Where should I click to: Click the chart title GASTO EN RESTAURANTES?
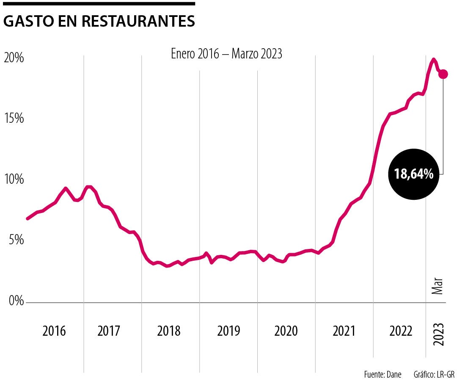click(99, 22)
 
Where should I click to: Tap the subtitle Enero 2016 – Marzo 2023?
click(226, 54)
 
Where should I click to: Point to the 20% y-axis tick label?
click(14, 58)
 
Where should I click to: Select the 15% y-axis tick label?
click(14, 118)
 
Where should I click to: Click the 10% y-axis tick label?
click(14, 179)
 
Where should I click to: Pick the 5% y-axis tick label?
click(17, 240)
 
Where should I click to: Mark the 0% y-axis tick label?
click(17, 301)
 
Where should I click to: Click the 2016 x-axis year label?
click(54, 331)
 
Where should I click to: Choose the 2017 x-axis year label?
click(109, 331)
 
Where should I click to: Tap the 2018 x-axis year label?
click(168, 331)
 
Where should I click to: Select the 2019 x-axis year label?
click(228, 331)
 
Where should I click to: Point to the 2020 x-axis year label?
click(286, 331)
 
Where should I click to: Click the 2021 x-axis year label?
click(344, 331)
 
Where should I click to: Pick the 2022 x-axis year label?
click(400, 331)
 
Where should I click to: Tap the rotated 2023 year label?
click(439, 334)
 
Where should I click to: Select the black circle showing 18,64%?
click(413, 174)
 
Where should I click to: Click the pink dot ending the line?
click(443, 74)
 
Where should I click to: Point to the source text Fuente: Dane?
click(383, 374)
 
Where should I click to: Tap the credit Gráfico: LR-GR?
click(434, 374)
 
